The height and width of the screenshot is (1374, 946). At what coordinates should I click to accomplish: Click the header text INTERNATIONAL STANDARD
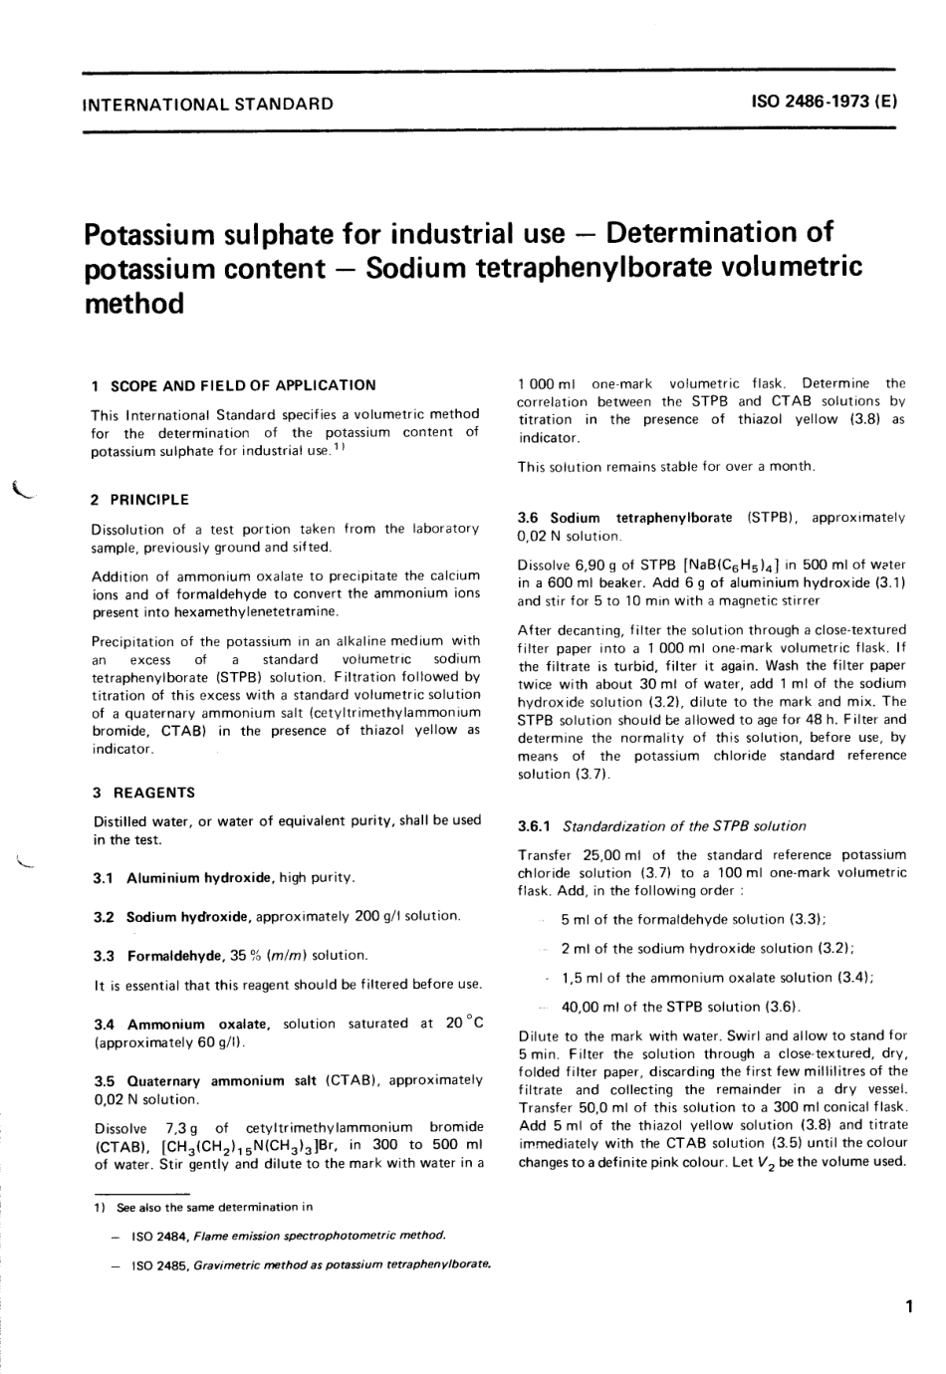[208, 104]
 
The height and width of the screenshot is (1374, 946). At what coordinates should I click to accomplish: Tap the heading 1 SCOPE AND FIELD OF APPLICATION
[234, 385]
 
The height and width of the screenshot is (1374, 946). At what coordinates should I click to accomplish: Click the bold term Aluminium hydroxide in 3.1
[199, 878]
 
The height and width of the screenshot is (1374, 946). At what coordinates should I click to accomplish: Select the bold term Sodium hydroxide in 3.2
[190, 916]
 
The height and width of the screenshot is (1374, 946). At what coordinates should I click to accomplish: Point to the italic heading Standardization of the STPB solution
[684, 826]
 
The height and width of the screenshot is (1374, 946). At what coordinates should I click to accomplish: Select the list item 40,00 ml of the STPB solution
[681, 1007]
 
